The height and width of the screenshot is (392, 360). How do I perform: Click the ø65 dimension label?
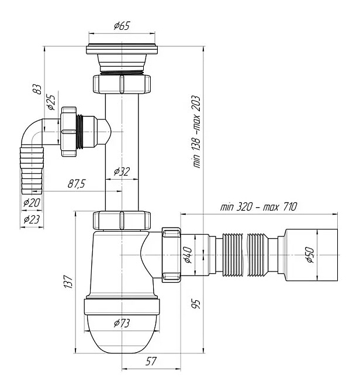click(122, 26)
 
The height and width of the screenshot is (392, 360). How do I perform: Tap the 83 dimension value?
click(37, 90)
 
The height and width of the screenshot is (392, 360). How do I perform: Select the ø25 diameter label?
click(51, 102)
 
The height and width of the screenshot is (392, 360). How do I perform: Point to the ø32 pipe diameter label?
click(122, 172)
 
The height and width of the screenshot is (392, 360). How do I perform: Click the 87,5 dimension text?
click(77, 184)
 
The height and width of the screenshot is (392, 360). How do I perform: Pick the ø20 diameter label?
click(32, 202)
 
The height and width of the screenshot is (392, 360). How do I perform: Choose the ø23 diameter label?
click(32, 219)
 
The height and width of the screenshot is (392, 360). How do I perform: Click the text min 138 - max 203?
click(196, 132)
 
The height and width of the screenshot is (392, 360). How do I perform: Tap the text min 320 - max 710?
click(258, 207)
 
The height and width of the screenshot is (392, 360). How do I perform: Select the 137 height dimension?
click(68, 282)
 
